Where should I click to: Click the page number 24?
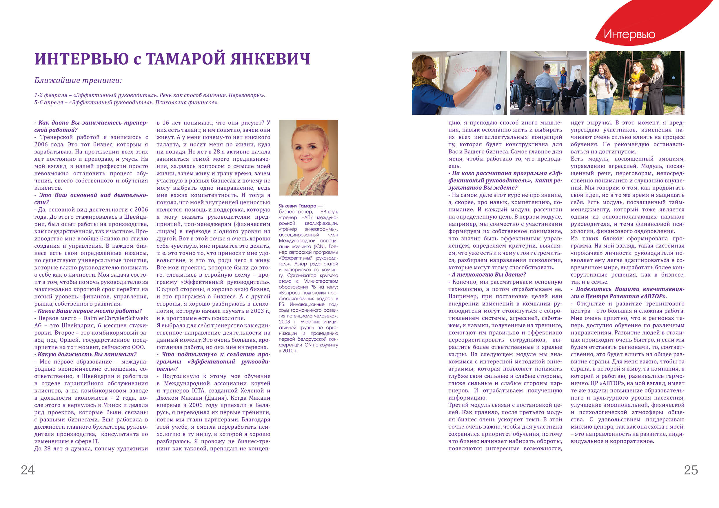click(28, 470)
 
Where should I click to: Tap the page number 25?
click(691, 470)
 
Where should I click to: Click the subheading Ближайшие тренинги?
click(78, 81)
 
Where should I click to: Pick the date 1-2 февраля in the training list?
click(51, 95)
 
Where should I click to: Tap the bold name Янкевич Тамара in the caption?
click(298, 206)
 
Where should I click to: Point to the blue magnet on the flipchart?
click(498, 107)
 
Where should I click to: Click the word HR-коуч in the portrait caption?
click(329, 212)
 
